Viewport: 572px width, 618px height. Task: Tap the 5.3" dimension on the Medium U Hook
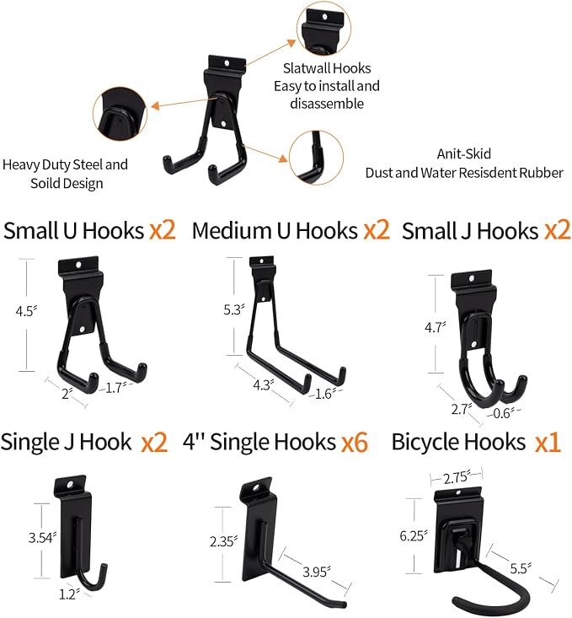(234, 309)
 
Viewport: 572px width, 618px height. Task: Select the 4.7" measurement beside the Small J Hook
(436, 327)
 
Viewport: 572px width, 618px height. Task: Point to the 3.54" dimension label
(43, 538)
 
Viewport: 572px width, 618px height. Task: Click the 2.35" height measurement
(223, 541)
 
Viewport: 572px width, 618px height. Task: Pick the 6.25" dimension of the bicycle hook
(414, 535)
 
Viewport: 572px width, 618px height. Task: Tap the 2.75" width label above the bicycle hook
(457, 478)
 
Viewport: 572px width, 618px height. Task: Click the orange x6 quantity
(355, 443)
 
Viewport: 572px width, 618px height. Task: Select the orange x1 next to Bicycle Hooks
(548, 443)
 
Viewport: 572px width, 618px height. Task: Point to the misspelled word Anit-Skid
(464, 153)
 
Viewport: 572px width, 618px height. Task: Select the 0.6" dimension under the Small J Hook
(503, 413)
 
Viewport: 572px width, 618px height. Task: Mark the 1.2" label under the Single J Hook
(69, 594)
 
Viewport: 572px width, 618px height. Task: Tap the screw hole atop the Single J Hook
(71, 485)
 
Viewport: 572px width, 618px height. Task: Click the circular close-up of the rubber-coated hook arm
(316, 158)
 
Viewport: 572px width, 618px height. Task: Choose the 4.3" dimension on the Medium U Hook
(263, 384)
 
